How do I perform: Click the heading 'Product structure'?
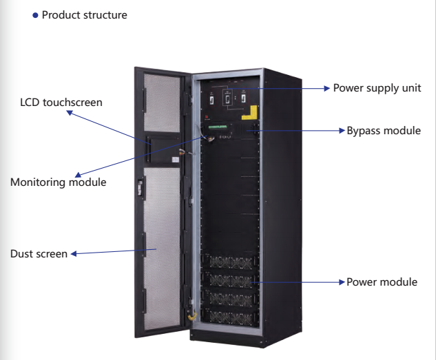tap(84, 15)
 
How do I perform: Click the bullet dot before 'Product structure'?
tap(35, 15)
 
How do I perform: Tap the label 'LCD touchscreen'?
tap(61, 103)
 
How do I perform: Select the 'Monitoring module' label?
tap(58, 182)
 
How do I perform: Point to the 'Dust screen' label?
tap(39, 254)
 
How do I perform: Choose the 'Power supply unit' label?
tap(376, 88)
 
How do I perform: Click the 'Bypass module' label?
tap(384, 130)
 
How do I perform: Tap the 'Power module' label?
tap(382, 282)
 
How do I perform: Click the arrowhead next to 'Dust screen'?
tap(74, 254)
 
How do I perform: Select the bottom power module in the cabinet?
tap(231, 318)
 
